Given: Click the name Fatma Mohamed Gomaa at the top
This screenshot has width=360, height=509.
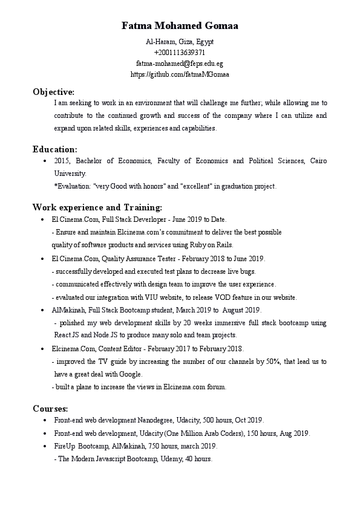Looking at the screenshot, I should [180, 26].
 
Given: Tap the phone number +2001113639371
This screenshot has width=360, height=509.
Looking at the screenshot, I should [180, 52].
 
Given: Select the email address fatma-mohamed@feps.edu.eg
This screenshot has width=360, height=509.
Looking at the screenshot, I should [180, 63].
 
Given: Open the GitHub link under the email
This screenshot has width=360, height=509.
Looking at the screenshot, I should [180, 74].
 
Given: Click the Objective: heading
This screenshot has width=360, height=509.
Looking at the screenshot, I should [53, 92].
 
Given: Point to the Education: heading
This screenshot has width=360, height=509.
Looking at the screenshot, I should [54, 149].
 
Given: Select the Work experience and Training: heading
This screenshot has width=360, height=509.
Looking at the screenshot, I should [97, 207].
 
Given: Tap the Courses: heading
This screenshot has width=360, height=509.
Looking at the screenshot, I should [50, 409].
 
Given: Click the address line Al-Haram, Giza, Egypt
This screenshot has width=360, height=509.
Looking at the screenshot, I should [180, 41].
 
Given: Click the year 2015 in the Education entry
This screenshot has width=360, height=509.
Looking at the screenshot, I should [62, 161].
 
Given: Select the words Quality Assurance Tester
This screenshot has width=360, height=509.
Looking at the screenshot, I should [139, 258].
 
